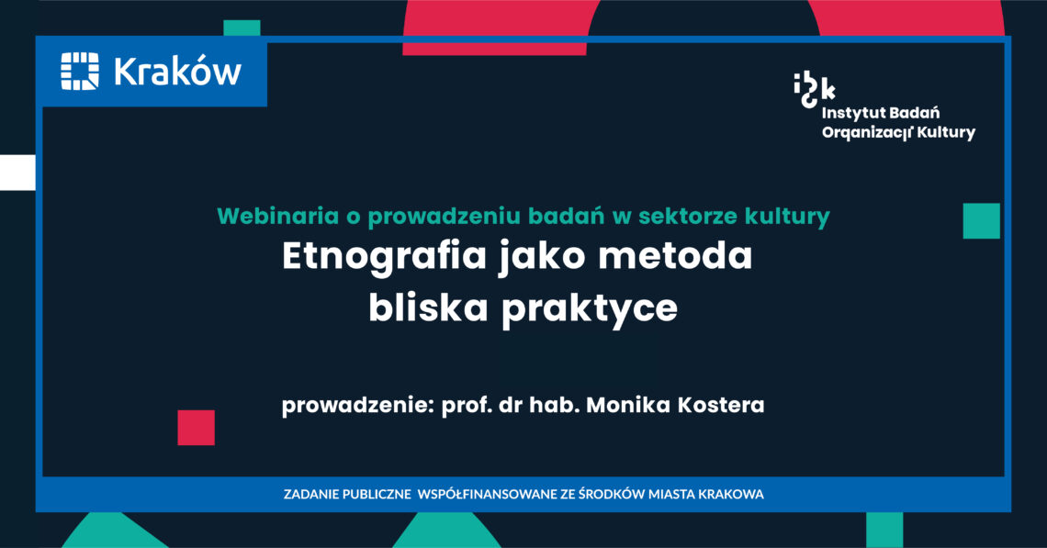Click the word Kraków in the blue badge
point(177,72)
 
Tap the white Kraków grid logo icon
point(80,72)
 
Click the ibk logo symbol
point(814,90)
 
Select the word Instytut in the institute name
point(852,113)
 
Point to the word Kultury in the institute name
point(946,133)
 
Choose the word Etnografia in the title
point(384,257)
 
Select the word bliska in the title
point(428,308)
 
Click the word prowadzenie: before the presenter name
point(358,405)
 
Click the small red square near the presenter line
point(197,427)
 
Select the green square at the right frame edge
point(982,221)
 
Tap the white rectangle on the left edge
point(17,173)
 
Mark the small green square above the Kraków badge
point(242,28)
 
